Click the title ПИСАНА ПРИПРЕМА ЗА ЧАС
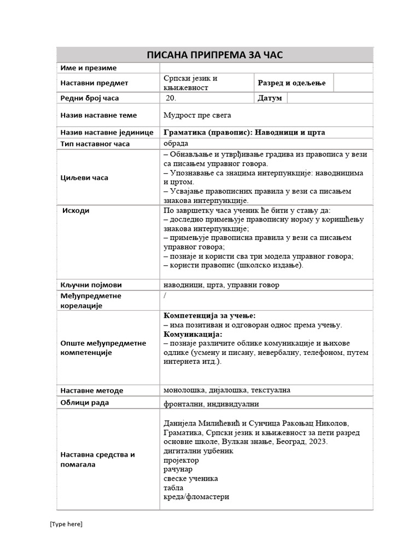(x=215, y=55)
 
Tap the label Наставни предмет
(x=94, y=83)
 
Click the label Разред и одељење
(x=291, y=83)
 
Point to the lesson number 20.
(x=171, y=98)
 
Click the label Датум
(x=269, y=98)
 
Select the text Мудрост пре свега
(x=197, y=115)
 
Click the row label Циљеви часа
(x=84, y=178)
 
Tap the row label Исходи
(x=76, y=211)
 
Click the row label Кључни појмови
(x=91, y=285)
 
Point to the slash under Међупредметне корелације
(x=165, y=295)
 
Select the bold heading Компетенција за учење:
(x=209, y=316)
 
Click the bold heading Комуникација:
(x=193, y=334)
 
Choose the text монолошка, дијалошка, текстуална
(x=227, y=390)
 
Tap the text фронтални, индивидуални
(x=211, y=404)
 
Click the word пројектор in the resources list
(x=181, y=460)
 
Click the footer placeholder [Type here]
(x=66, y=524)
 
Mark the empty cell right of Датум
(x=329, y=98)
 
